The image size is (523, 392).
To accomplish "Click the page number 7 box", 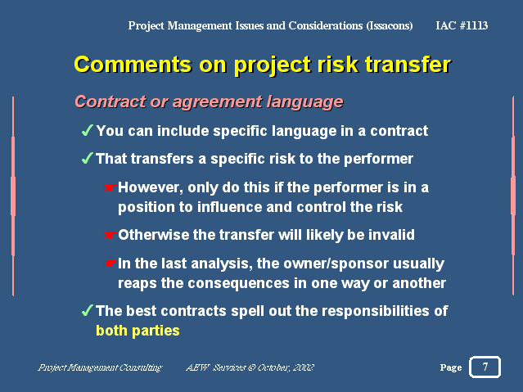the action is (485, 367).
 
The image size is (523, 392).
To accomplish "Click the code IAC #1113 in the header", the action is (462, 25).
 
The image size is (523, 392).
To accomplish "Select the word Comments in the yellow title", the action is (133, 64).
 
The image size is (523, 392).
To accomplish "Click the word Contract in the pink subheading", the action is (110, 101).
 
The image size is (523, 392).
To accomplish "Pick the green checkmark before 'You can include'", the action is (87, 130).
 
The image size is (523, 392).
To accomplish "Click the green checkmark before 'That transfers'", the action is (87, 158).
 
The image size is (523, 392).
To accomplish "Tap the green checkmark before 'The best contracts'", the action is (87, 310).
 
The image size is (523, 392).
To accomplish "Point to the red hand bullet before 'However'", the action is (110, 187).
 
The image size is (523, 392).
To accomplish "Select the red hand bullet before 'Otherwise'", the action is (110, 235).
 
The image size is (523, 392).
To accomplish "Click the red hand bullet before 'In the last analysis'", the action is (110, 264).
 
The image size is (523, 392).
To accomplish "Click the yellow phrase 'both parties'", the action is (138, 331).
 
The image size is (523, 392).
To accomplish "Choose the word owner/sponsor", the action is (336, 264).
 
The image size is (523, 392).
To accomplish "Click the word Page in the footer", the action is (451, 367).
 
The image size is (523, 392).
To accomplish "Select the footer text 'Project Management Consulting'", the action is (100, 367).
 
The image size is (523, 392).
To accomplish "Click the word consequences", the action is (238, 283).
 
